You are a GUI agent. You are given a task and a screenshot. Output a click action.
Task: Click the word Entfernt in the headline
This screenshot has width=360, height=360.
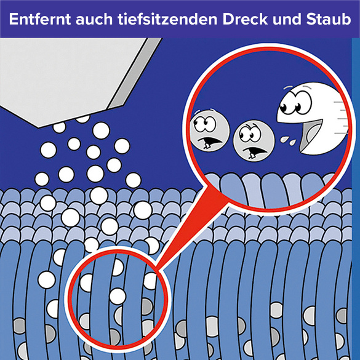40,19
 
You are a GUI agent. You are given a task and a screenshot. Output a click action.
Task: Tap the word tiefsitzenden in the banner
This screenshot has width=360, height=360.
167,19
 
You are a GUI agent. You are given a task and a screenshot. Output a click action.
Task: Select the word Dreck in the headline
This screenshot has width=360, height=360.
245,19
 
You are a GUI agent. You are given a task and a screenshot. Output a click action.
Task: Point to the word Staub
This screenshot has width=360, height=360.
329,19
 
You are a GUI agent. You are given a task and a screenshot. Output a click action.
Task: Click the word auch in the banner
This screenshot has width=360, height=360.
94,20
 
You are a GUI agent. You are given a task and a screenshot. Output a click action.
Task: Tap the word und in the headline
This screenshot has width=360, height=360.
287,20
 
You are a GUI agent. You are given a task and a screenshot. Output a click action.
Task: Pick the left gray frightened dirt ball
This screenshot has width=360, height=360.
210,131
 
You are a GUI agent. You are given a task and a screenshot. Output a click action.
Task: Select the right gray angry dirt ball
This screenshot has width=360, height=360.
254,140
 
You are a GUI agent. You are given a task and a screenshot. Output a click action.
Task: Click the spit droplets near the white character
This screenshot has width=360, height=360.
287,140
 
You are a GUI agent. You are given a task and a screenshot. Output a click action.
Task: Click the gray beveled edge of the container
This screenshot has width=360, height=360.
135,73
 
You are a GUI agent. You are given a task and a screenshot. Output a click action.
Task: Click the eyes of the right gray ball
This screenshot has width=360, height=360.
249,134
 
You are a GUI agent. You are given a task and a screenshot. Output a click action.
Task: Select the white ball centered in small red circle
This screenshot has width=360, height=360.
118,296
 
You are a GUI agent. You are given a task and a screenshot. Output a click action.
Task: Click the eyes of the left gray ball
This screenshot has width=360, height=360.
205,123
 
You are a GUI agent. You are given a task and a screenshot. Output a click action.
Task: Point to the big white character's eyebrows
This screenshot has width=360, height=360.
296,87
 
